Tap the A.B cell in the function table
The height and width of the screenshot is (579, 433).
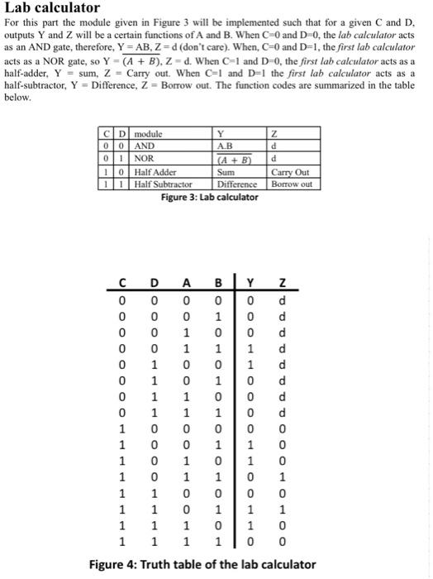point(221,143)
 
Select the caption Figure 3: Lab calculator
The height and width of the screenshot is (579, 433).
point(206,187)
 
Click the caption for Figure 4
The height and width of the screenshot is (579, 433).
point(202,564)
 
